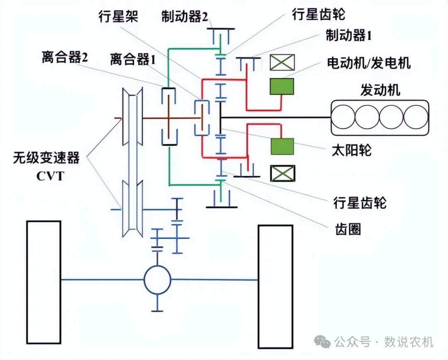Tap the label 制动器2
[185, 17]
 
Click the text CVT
[50, 176]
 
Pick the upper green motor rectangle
[282, 86]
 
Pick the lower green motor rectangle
[282, 147]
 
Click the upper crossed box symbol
[282, 62]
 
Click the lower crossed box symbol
[282, 173]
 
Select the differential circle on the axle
[157, 279]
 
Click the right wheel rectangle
[275, 287]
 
